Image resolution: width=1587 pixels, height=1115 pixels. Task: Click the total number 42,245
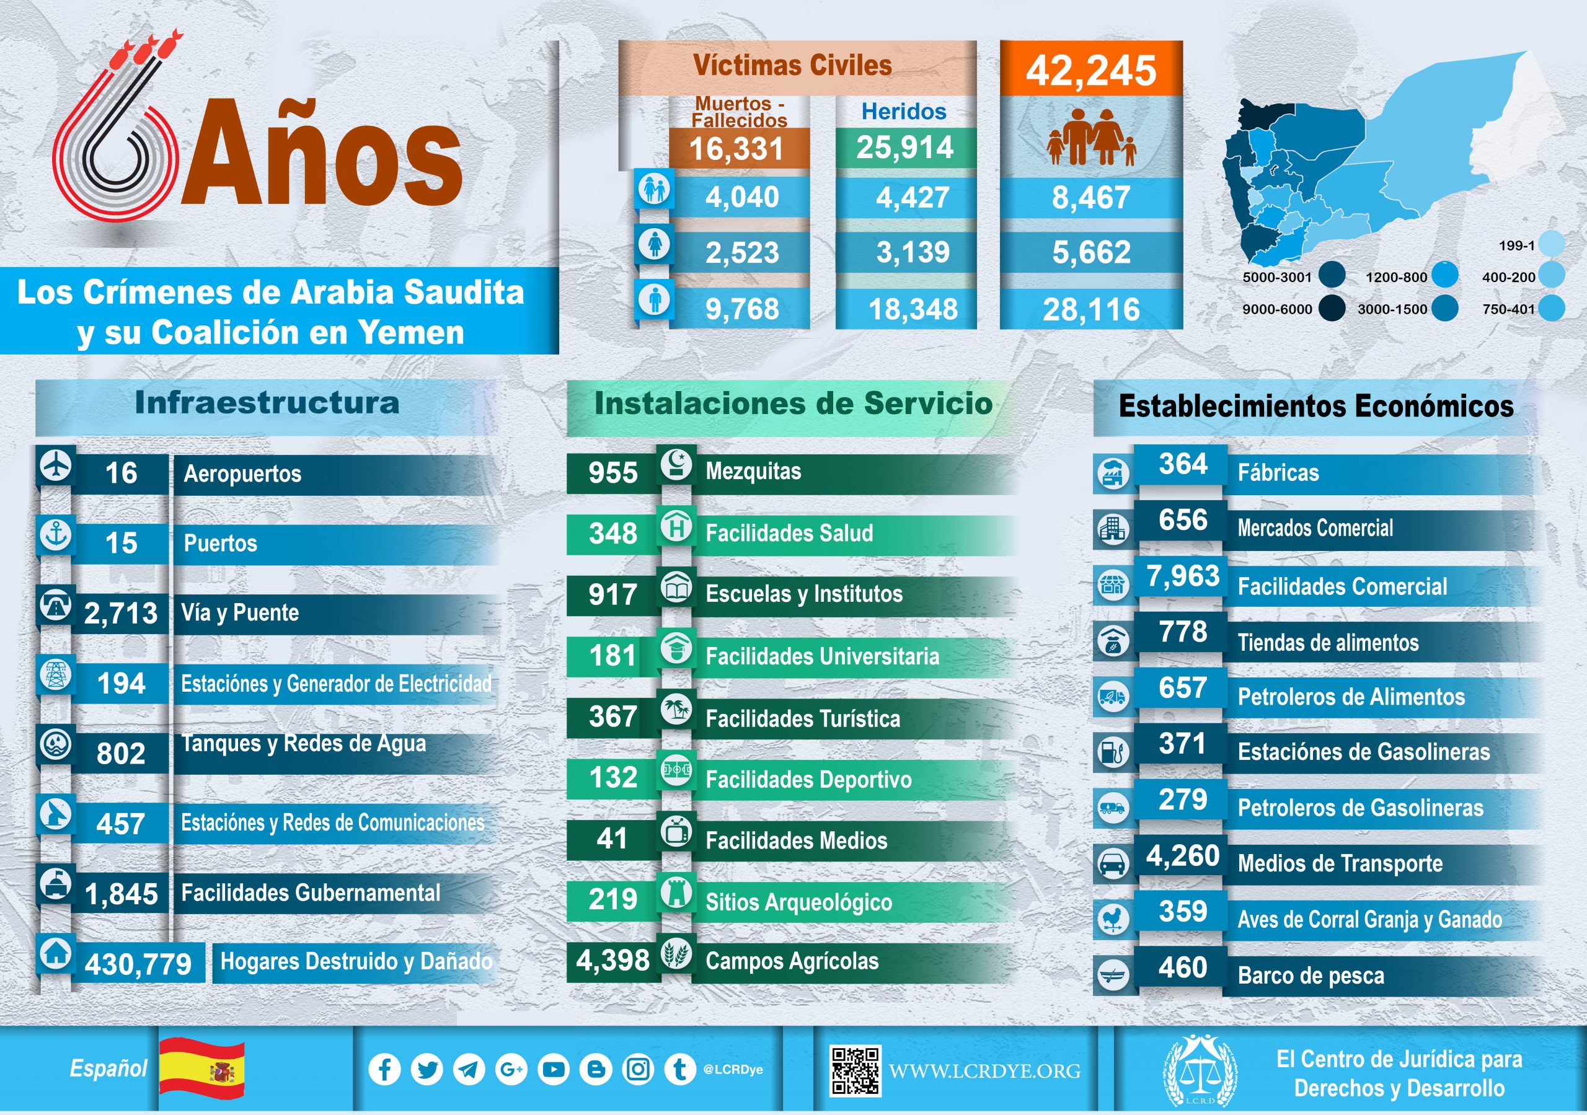point(1090,71)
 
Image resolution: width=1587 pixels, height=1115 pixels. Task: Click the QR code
point(855,1071)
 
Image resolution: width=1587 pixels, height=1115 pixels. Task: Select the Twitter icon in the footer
point(427,1069)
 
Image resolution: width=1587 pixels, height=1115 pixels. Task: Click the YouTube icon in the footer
point(554,1069)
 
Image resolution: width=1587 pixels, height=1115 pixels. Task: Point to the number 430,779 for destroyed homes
point(138,964)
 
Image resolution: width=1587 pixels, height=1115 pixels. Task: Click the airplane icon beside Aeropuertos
point(56,465)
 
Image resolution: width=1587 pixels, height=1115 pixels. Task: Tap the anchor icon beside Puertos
point(56,535)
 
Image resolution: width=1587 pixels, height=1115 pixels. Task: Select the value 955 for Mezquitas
point(612,473)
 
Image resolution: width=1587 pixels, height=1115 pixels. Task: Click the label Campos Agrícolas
point(792,961)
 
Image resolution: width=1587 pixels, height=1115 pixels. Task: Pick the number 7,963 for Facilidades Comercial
point(1183,576)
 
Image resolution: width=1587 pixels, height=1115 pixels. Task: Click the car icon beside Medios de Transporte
point(1113,863)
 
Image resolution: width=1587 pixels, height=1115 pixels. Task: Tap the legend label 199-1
point(1516,245)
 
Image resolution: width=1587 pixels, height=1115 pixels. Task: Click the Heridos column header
point(903,112)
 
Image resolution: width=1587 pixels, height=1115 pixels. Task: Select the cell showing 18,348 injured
point(913,309)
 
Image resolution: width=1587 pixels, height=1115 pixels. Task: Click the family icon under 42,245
point(1090,138)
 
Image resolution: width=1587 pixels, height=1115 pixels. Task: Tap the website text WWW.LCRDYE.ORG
point(984,1072)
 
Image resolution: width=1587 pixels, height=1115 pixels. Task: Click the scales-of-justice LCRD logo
point(1201,1070)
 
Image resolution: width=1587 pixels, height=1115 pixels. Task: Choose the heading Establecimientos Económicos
point(1315,406)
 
